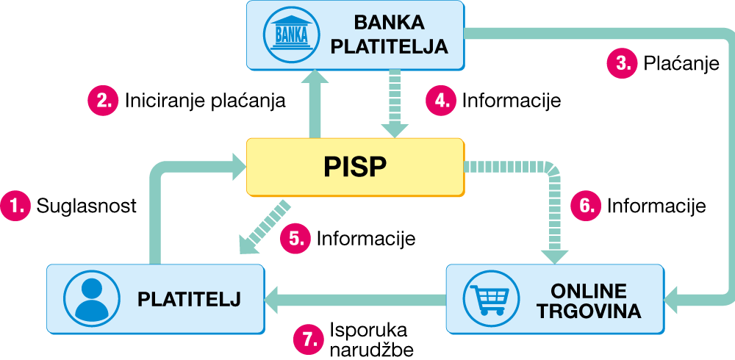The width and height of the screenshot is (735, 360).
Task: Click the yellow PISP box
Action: (x=355, y=167)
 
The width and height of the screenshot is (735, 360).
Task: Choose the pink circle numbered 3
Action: (x=621, y=63)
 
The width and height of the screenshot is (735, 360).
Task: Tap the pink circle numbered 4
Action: (x=441, y=100)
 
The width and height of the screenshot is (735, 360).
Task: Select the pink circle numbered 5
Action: (x=295, y=238)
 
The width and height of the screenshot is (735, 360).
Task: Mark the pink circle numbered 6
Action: (x=586, y=206)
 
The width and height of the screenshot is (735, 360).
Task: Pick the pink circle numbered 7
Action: (x=309, y=338)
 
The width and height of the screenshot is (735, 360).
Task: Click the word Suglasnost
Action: (x=86, y=206)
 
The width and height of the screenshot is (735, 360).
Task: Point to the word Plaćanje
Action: (x=680, y=64)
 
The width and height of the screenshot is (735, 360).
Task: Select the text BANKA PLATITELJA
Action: (x=389, y=34)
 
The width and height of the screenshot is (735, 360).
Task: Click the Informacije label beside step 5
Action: (x=366, y=239)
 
